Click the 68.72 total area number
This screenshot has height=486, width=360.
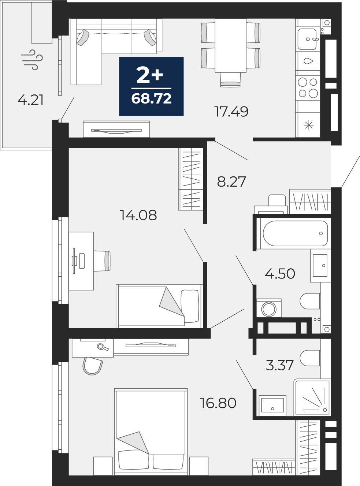(151, 98)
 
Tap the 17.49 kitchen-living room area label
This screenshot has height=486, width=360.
(231, 111)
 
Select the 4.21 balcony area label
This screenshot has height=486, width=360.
(30, 100)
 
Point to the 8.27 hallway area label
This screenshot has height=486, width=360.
(231, 182)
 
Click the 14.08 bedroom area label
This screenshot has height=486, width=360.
(138, 215)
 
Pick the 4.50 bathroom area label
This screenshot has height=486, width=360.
(280, 273)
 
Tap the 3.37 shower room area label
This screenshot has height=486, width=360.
(280, 365)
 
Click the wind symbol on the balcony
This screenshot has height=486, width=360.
(32, 60)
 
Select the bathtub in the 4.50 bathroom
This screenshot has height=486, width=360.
(295, 233)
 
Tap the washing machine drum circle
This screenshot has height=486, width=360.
(269, 309)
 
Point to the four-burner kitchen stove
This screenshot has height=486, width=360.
(308, 88)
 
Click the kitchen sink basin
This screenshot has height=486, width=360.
(307, 39)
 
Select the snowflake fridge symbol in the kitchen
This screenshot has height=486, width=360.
(308, 125)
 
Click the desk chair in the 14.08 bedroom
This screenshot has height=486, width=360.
(102, 261)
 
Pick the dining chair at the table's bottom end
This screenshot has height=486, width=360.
(230, 79)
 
